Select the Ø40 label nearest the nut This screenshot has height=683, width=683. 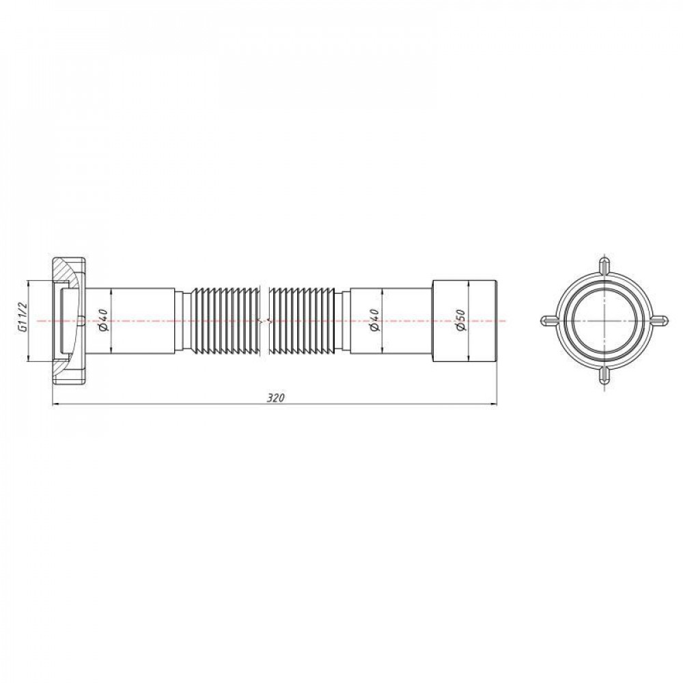click(103, 320)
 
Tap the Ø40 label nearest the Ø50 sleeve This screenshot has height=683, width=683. click(374, 320)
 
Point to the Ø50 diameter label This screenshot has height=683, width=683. click(460, 320)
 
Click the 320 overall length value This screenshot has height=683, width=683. click(275, 398)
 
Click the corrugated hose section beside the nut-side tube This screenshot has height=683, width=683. click(225, 320)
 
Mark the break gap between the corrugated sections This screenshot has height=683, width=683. click(266, 320)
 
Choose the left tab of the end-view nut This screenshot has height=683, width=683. click(548, 320)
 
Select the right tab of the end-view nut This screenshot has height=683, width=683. click(660, 320)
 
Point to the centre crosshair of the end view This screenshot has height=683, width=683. click(604, 320)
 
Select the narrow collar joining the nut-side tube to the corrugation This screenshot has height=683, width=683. click(184, 320)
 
